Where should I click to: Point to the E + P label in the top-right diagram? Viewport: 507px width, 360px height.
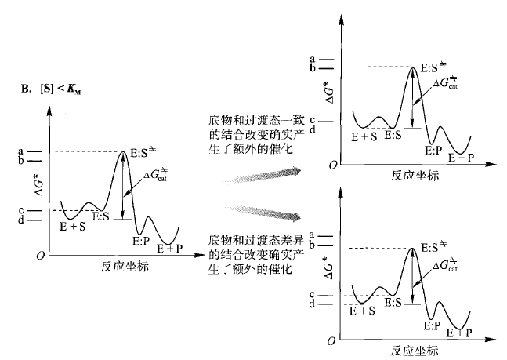(461, 157)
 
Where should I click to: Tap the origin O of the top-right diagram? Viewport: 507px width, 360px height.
(333, 165)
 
